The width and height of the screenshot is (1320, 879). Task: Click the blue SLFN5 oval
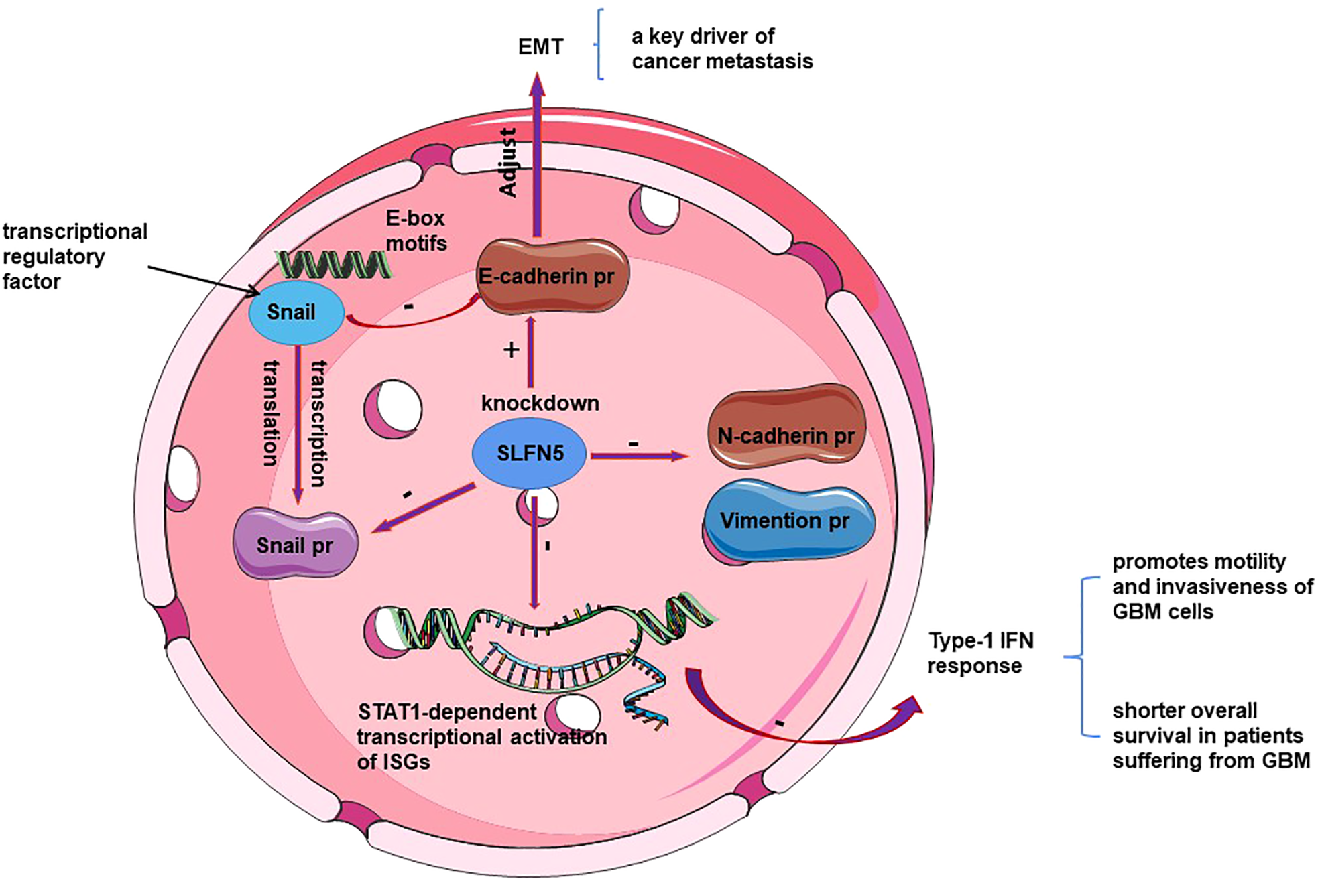(x=529, y=453)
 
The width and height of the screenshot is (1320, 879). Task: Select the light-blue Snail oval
(x=296, y=313)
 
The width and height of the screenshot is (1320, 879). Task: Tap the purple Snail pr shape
(x=295, y=543)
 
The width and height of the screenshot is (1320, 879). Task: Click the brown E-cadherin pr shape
(x=552, y=276)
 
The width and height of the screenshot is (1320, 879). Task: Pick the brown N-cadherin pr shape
(x=786, y=425)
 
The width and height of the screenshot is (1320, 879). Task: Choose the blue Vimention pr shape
(x=788, y=522)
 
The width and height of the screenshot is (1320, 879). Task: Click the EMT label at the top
(x=541, y=47)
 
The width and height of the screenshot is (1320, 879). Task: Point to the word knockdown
(x=540, y=403)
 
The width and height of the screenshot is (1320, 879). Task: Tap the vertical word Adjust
(x=508, y=163)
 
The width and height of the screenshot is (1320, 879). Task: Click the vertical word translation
(x=270, y=413)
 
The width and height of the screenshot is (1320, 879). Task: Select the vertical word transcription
(x=319, y=423)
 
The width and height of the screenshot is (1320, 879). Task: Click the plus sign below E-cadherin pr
(x=512, y=350)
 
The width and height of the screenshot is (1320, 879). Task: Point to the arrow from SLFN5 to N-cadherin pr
(x=639, y=456)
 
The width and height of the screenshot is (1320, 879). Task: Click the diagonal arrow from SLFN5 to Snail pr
(x=424, y=508)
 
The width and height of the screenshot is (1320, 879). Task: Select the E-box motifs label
(x=416, y=230)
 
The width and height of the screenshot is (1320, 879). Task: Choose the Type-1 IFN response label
(x=981, y=653)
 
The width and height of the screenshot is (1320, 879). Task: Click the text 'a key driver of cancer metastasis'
(x=722, y=48)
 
